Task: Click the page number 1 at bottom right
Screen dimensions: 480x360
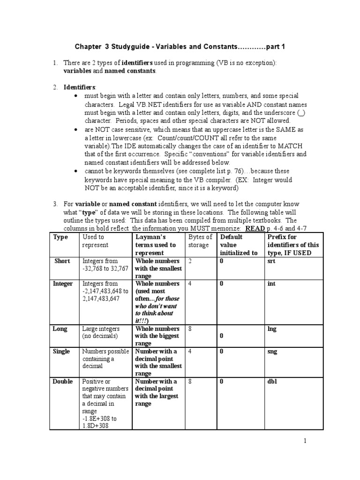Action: tap(305, 441)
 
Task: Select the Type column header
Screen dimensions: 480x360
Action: tap(60, 237)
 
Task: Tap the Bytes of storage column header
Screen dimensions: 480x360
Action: tap(200, 241)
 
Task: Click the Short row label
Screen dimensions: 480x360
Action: tap(62, 261)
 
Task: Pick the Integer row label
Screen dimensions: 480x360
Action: tap(63, 284)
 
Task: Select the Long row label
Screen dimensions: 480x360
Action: tap(60, 329)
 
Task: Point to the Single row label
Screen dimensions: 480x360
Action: tap(62, 352)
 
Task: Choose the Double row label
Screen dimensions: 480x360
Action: tap(63, 382)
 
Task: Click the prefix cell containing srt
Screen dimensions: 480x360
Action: tap(271, 261)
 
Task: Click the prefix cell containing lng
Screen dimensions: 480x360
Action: tap(272, 329)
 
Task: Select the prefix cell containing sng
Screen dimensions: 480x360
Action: tap(272, 352)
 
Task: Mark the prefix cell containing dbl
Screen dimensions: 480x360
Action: tap(272, 382)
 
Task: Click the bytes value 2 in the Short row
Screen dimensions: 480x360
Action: tap(190, 261)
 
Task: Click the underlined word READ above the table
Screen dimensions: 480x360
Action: tap(257, 228)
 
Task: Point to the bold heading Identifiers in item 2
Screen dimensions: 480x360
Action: tap(79, 87)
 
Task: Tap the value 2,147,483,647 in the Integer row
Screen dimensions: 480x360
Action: tap(102, 299)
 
